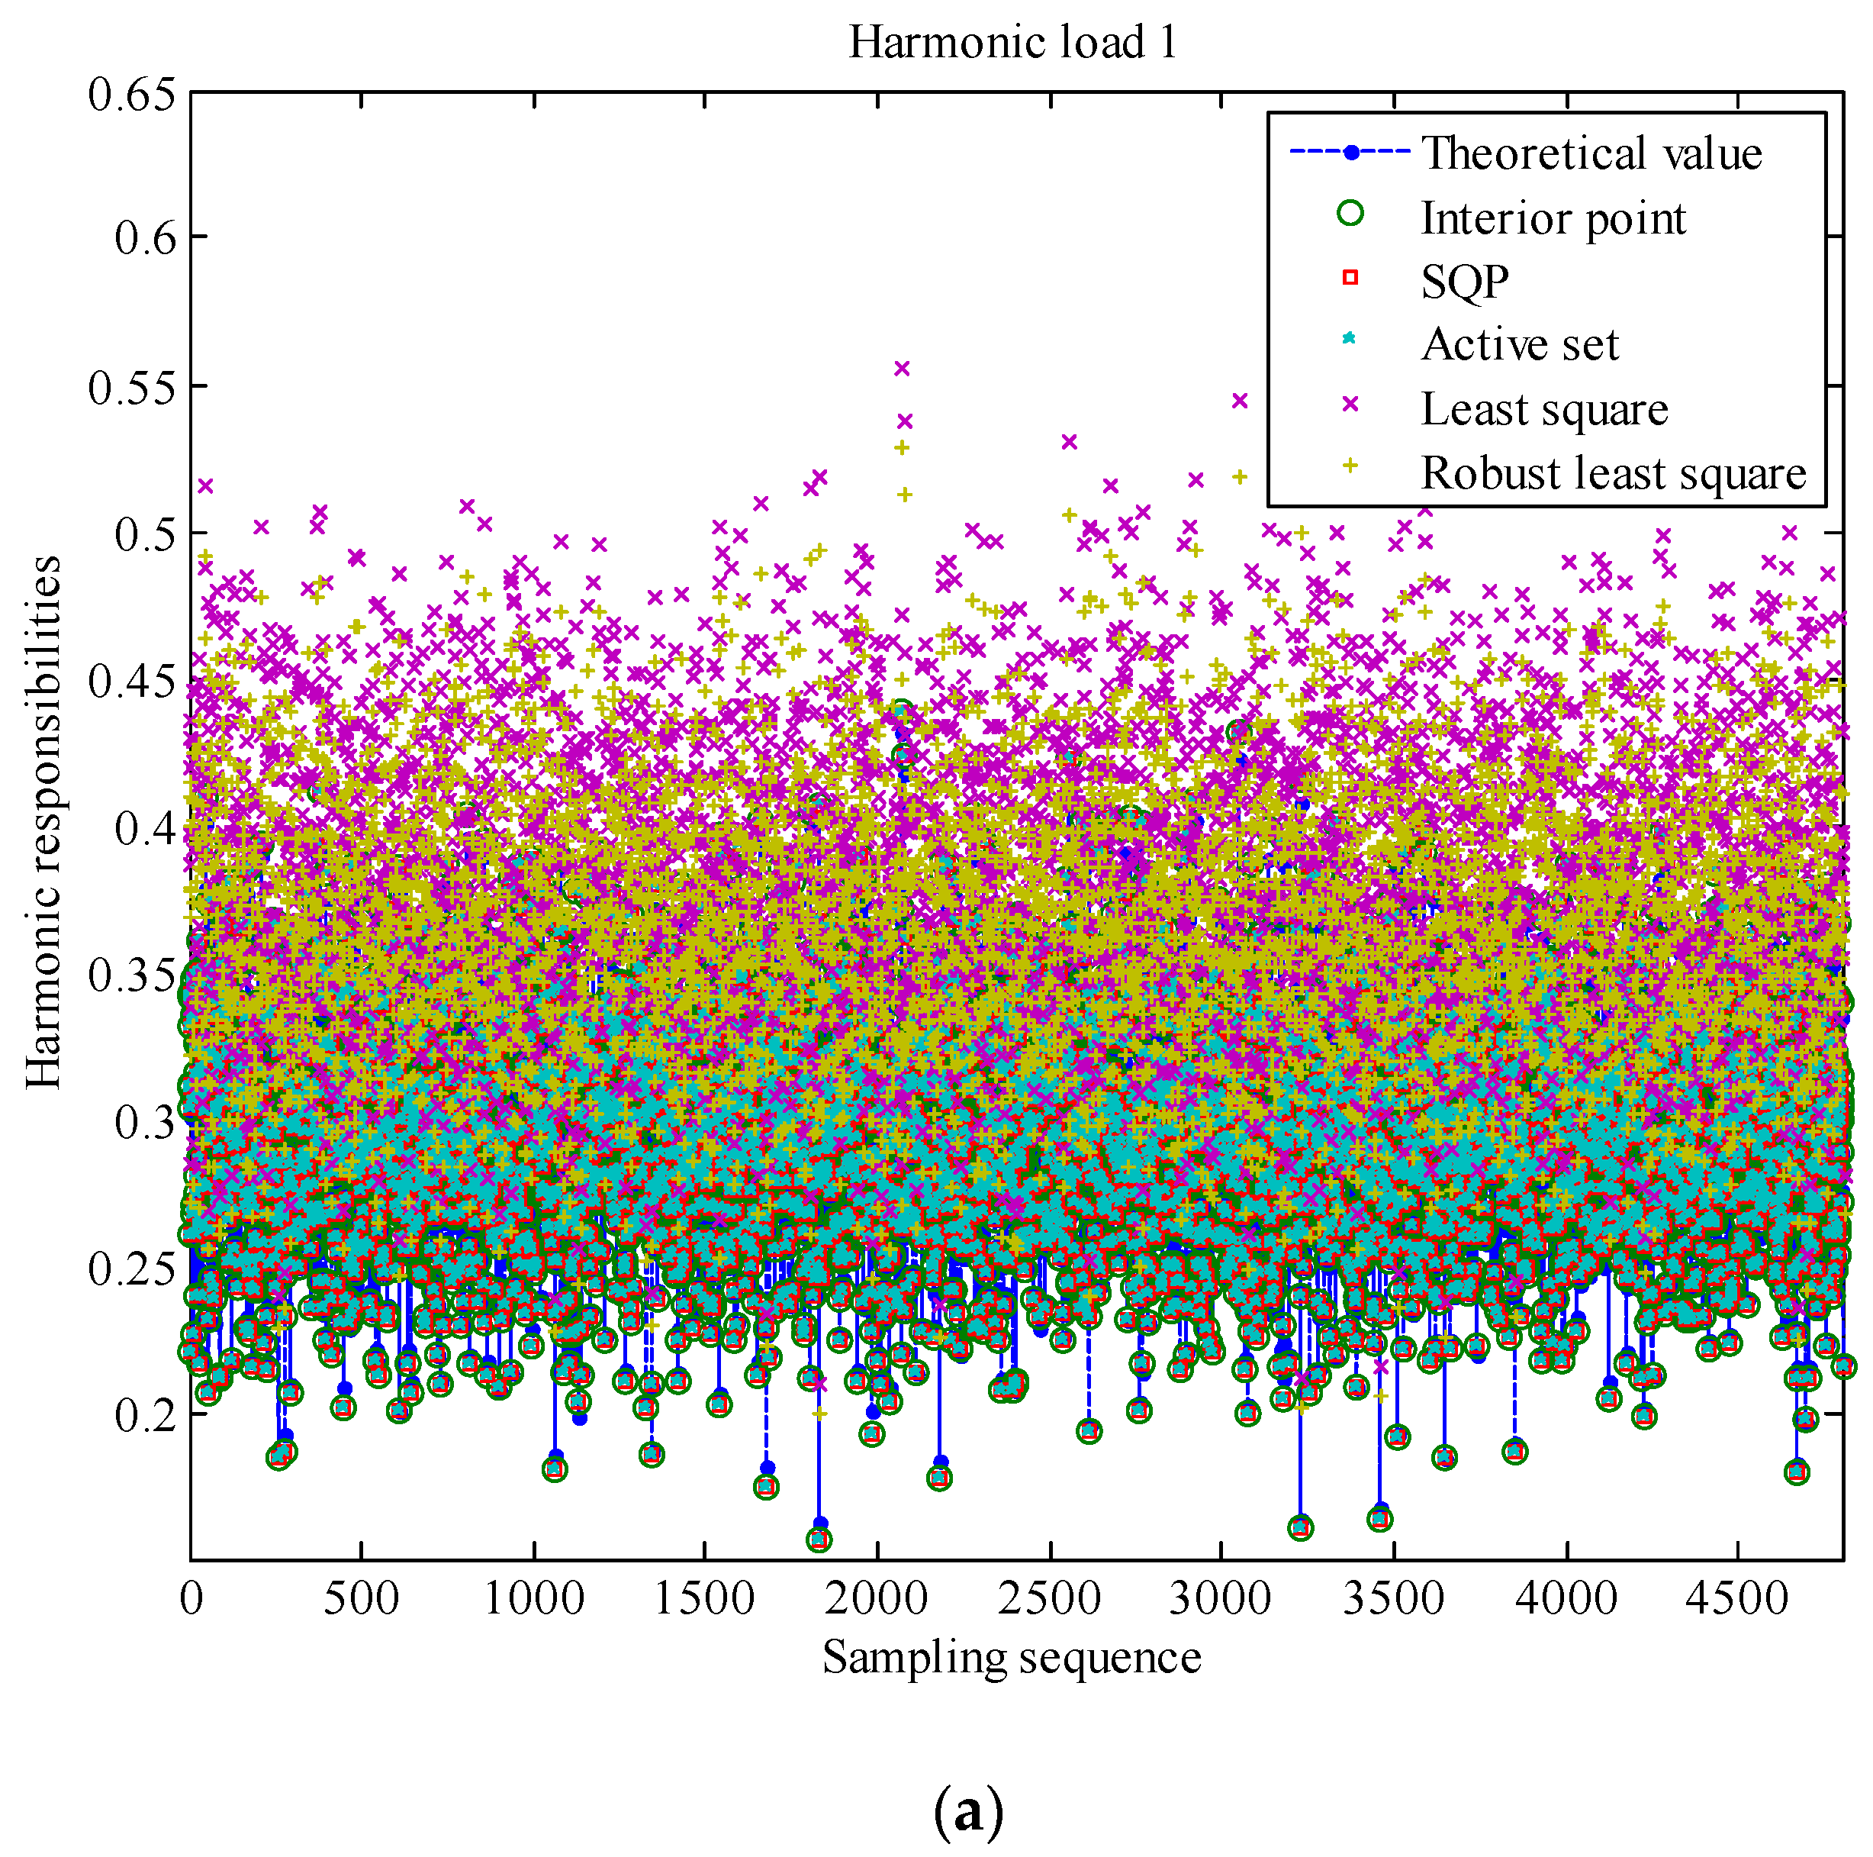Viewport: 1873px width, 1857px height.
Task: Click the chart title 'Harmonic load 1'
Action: [1012, 43]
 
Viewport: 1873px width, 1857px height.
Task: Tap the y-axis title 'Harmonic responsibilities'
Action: [43, 822]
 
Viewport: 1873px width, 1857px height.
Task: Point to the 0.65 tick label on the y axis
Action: [133, 95]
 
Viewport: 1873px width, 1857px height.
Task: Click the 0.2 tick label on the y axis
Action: [146, 1416]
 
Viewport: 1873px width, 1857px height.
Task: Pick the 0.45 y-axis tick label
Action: [133, 682]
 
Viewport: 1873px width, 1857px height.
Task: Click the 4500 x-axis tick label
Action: [1736, 1598]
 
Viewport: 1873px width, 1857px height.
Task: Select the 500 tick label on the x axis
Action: [362, 1598]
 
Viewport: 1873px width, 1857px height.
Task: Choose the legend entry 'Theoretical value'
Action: [1591, 153]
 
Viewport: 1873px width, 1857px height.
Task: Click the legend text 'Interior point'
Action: [1553, 218]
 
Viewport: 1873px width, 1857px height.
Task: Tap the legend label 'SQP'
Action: [1465, 281]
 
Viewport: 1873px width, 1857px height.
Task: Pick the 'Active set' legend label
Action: [1520, 344]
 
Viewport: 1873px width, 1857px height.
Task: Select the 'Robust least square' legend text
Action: [1613, 473]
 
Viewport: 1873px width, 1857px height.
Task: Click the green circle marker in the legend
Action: [1350, 214]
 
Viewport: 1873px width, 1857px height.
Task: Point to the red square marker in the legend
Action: [1350, 279]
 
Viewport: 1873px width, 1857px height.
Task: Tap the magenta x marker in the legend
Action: [1350, 405]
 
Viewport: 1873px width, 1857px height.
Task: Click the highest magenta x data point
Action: [902, 368]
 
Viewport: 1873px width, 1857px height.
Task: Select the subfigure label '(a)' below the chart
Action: [967, 1810]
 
